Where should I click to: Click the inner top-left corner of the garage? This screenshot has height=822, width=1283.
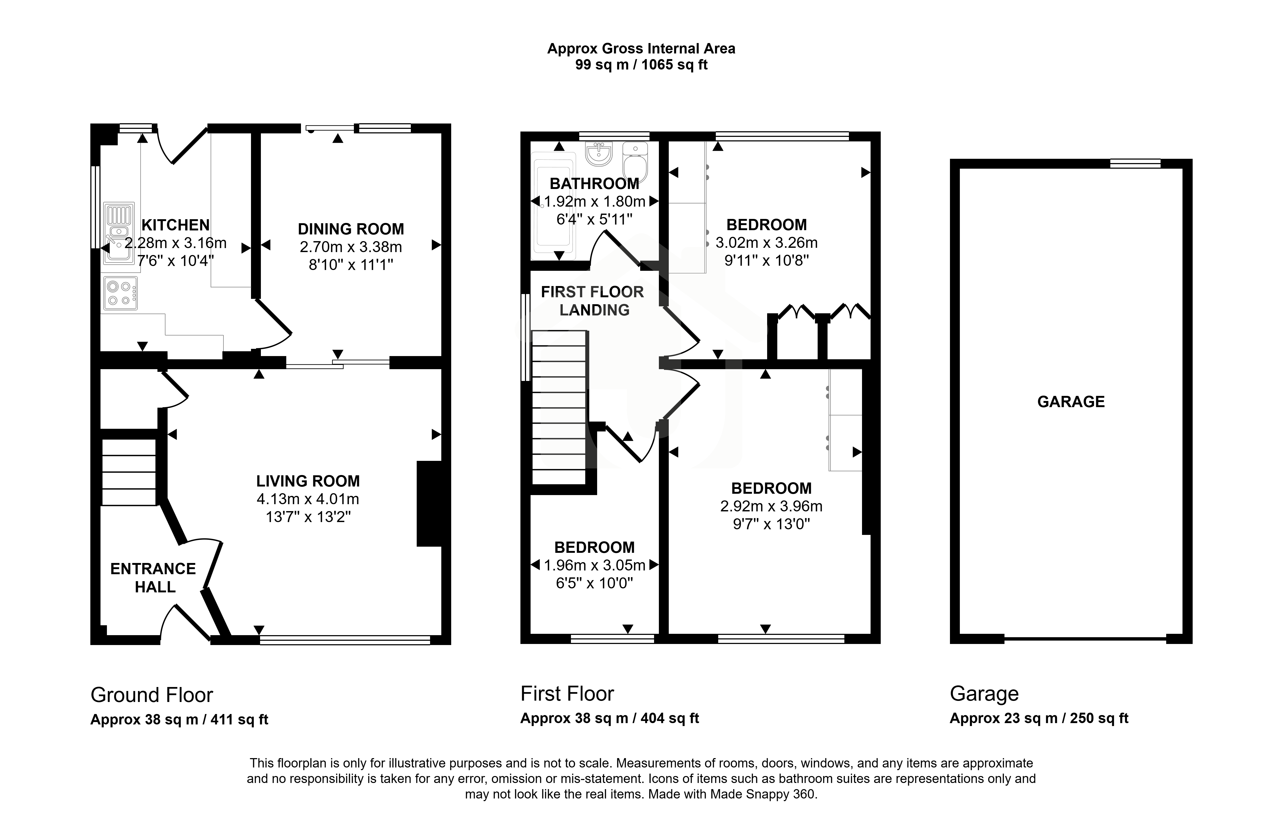tap(960, 169)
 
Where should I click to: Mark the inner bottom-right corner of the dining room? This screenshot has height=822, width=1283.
tap(441, 356)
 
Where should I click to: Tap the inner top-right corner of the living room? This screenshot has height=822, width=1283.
tap(441, 369)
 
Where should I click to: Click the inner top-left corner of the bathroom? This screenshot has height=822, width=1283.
tap(531, 141)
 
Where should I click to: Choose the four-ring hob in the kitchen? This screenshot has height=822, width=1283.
tap(120, 293)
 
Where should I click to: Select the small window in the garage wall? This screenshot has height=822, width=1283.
tap(1135, 163)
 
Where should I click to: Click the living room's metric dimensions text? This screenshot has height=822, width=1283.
tap(308, 499)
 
